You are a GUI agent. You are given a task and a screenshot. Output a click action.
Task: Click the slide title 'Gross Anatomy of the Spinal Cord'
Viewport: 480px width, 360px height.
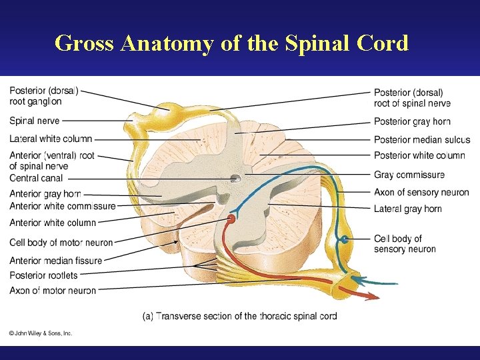tap(231, 43)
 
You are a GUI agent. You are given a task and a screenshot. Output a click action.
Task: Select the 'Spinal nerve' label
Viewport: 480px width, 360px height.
tap(35, 121)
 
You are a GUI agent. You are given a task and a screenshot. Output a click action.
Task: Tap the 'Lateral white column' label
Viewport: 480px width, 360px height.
tap(51, 139)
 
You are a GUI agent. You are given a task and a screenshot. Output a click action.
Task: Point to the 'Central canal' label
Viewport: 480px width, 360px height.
tap(37, 178)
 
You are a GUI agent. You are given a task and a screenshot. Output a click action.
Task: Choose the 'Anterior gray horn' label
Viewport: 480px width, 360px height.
tap(45, 194)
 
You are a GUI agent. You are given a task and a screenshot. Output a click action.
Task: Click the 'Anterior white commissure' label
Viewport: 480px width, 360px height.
tap(63, 206)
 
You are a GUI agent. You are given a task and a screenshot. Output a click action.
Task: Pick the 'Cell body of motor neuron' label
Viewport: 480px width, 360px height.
tap(61, 242)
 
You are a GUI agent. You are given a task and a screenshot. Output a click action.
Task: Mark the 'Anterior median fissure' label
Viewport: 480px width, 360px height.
tap(56, 261)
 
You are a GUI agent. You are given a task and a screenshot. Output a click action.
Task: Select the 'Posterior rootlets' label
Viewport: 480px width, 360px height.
tap(43, 275)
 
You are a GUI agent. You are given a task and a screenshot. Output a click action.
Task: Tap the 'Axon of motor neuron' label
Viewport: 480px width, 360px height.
tap(53, 291)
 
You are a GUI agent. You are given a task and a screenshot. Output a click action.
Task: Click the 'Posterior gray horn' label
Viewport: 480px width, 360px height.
tap(412, 121)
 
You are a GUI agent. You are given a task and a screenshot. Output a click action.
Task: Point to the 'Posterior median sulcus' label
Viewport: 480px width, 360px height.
tap(422, 139)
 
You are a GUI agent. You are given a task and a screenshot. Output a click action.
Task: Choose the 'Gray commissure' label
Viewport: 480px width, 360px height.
tap(409, 175)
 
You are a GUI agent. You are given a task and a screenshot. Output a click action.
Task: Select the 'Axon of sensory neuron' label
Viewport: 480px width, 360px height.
tap(421, 192)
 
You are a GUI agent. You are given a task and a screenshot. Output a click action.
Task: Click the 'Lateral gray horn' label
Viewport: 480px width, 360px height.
tap(408, 209)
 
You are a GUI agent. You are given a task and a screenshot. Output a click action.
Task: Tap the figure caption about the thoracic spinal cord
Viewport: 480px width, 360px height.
tap(240, 316)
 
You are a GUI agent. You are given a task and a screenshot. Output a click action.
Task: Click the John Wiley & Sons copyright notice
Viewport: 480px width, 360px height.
tap(41, 333)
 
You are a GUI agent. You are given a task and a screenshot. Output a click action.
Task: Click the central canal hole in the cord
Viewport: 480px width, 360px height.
tap(236, 178)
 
